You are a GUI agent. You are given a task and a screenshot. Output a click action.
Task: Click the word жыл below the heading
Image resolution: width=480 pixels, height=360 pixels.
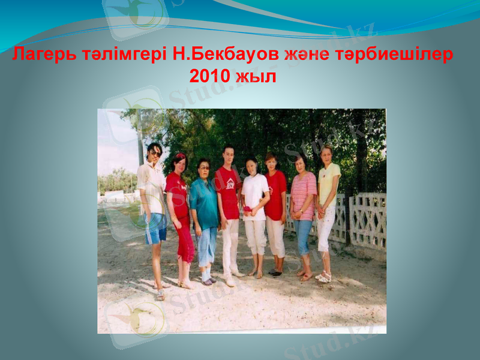(255, 76)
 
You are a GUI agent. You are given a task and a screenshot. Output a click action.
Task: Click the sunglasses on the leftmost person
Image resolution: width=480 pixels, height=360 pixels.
(155, 154)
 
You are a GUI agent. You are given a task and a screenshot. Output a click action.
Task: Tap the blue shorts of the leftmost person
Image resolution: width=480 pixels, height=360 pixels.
(155, 228)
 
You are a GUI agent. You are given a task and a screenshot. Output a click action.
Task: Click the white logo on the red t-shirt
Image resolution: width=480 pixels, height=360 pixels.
(229, 184)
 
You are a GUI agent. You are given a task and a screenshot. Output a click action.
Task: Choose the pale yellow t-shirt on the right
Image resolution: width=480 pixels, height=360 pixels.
(329, 183)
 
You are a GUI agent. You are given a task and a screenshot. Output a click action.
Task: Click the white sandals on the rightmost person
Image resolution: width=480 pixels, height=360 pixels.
(325, 277)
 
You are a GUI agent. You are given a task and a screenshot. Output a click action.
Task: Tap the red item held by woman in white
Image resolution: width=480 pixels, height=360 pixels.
(247, 209)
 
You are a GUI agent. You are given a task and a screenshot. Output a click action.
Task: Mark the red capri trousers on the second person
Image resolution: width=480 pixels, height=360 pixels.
(185, 240)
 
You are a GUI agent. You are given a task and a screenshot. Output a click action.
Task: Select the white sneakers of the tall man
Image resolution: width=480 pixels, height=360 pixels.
(231, 279)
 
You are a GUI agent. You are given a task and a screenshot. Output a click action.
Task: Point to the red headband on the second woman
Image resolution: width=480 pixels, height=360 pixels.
(180, 156)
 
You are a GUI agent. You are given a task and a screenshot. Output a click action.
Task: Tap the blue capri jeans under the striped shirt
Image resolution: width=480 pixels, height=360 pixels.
(302, 236)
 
